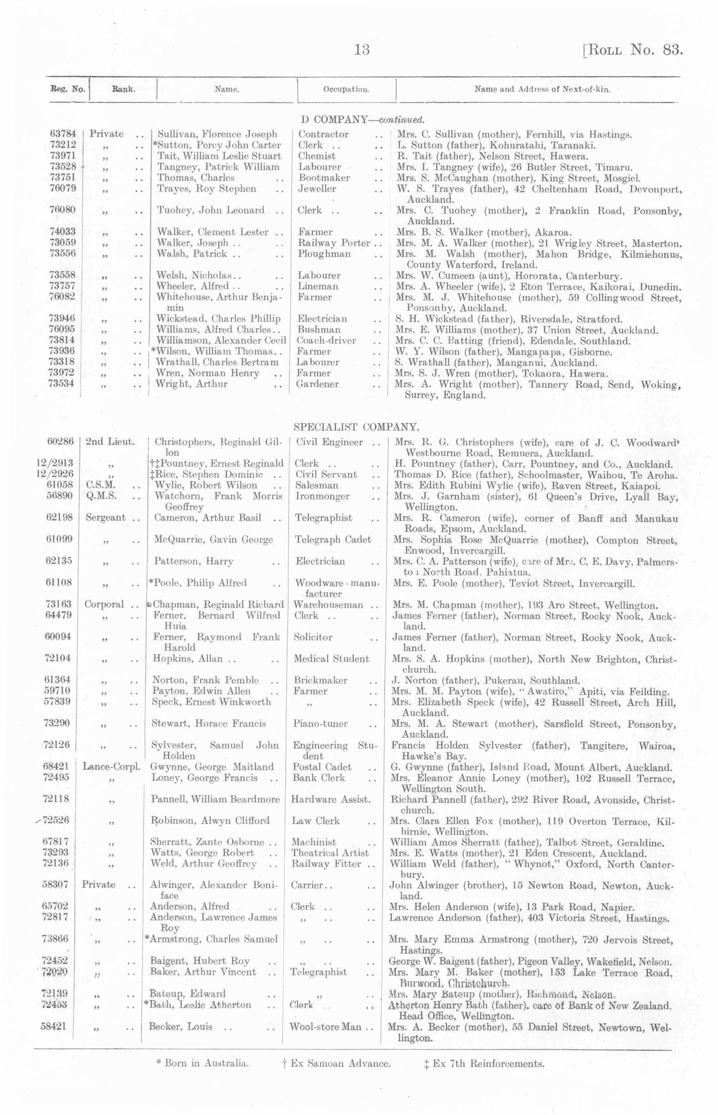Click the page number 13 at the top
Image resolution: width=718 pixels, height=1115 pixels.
362,50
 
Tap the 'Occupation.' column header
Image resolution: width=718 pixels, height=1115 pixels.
346,90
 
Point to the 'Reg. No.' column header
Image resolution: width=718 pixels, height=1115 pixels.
67,89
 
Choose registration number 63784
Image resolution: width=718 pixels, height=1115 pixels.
63,133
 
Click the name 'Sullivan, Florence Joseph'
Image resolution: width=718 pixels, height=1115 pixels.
217,134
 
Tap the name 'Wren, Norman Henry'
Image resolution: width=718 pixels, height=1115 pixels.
208,373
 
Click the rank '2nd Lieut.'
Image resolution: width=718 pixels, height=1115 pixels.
110,441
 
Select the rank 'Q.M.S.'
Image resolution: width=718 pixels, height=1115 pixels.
101,496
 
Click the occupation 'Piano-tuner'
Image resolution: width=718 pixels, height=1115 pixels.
320,724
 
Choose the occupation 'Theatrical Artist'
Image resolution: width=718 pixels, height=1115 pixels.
330,853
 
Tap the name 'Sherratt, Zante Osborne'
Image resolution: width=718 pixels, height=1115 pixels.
207,842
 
